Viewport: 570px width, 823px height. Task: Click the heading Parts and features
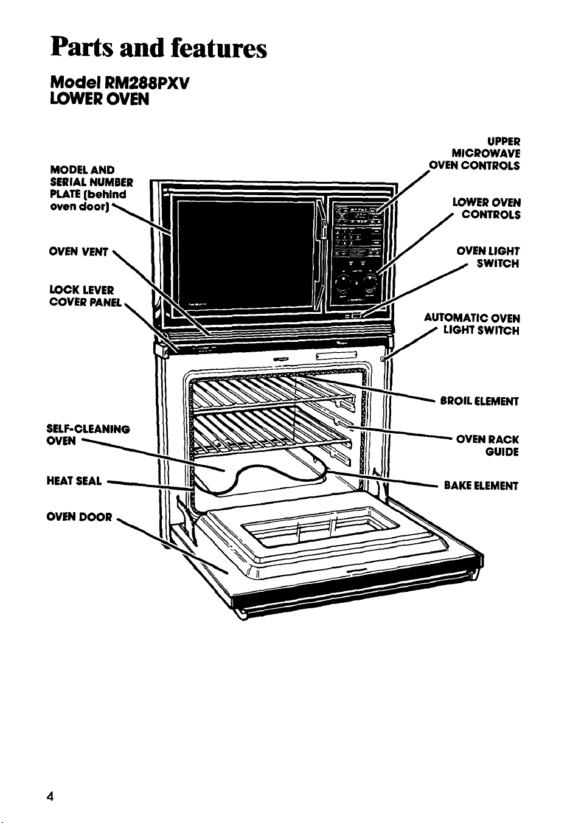[158, 49]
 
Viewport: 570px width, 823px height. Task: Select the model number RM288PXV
[147, 84]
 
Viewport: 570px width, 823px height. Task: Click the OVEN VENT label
[78, 252]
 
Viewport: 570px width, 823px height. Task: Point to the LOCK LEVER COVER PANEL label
[85, 296]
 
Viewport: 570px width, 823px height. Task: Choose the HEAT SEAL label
[74, 481]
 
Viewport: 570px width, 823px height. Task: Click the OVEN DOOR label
[79, 517]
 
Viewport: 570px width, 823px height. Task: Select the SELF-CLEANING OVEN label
[88, 435]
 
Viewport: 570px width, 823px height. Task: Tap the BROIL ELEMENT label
[479, 401]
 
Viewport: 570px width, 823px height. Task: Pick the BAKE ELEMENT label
[481, 486]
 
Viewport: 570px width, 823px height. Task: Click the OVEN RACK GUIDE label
[487, 445]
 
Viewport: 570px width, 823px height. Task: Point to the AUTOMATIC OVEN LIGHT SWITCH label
[472, 324]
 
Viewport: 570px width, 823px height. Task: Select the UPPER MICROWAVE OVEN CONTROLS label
[475, 153]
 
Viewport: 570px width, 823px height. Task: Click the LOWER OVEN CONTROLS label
[487, 208]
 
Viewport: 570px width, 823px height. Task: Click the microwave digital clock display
[358, 216]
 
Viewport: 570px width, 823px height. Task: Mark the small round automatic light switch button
[383, 359]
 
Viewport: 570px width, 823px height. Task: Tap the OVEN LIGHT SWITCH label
[488, 257]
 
